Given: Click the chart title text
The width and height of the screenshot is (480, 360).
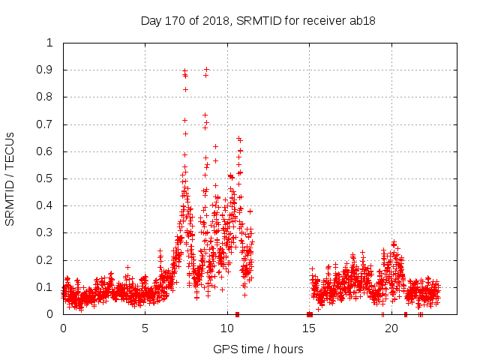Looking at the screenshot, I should point(258,20).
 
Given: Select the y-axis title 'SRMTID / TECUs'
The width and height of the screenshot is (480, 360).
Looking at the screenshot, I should point(10,178).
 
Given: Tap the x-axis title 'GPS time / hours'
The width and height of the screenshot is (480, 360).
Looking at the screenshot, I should point(258,349).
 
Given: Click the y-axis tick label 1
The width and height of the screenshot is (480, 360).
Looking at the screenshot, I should point(49,43).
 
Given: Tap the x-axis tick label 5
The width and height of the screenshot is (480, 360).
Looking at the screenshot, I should point(145,328).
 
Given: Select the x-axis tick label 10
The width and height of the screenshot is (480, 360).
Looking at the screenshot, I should point(227,328).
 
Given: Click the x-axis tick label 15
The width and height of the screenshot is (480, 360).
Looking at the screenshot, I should point(309,328).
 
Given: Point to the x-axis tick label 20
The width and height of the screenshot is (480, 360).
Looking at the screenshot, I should point(391,328).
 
